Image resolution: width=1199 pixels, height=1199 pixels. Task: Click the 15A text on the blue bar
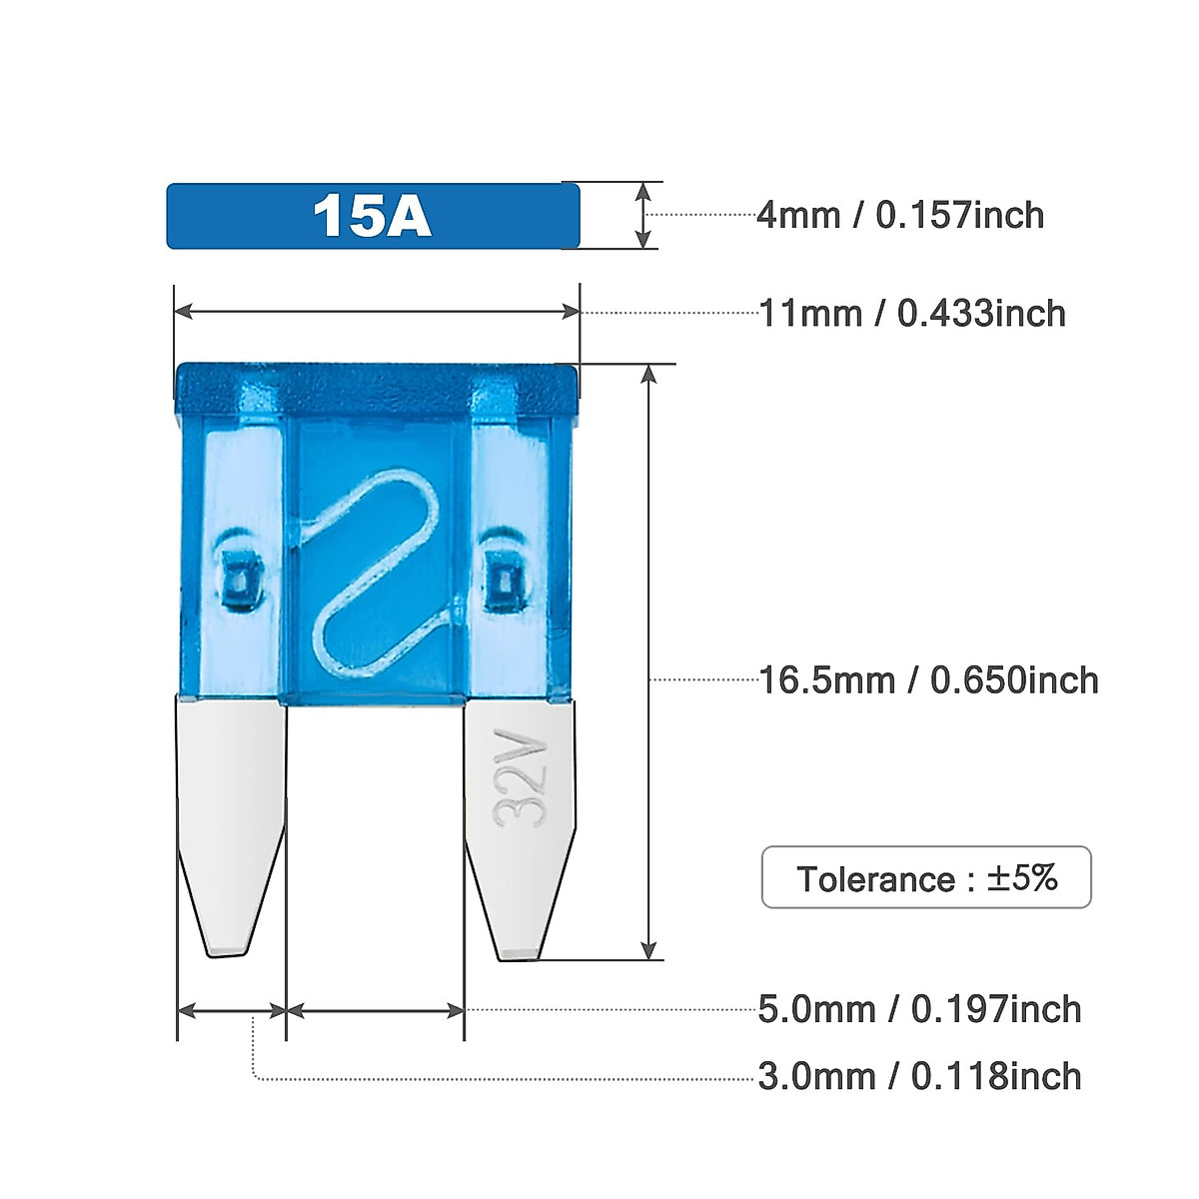click(372, 216)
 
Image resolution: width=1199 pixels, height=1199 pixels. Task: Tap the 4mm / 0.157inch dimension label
click(900, 215)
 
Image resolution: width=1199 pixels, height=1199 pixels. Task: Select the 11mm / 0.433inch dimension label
click(912, 314)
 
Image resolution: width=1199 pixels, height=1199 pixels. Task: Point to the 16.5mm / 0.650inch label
click(928, 680)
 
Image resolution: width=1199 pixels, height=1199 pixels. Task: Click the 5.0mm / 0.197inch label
click(919, 1009)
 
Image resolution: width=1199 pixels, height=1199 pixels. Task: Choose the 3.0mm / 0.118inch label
click(919, 1076)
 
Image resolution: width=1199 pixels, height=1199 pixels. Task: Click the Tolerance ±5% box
click(926, 877)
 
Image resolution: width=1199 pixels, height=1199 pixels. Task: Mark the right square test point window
click(501, 580)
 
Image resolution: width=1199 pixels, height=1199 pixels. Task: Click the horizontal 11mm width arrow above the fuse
click(377, 312)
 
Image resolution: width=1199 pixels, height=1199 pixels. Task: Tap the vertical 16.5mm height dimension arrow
click(650, 659)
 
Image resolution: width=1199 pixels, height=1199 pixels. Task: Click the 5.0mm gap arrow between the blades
click(375, 1011)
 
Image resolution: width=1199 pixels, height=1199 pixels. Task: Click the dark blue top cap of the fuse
click(377, 388)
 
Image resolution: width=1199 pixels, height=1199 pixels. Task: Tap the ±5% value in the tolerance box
click(1022, 877)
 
